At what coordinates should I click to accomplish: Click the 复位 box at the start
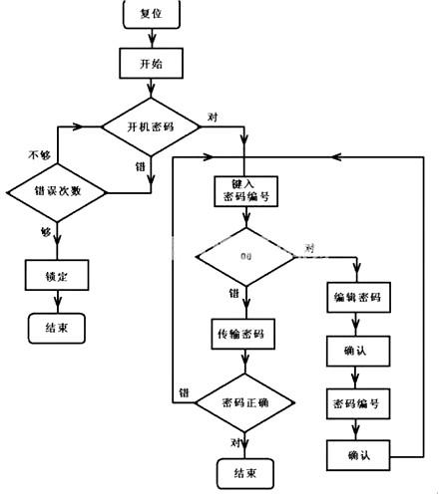[x=151, y=14]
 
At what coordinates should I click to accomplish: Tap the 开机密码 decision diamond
[x=152, y=127]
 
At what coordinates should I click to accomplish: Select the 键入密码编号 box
[x=245, y=191]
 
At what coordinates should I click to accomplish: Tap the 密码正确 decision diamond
[x=245, y=402]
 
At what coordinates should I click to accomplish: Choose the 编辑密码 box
[x=357, y=298]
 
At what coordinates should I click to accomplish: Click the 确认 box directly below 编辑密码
[x=357, y=351]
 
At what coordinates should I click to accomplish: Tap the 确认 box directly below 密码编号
[x=357, y=455]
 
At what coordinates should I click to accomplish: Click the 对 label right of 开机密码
[x=213, y=117]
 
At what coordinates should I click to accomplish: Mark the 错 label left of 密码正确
[x=184, y=391]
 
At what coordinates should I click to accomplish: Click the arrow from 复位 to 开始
[x=151, y=38]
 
